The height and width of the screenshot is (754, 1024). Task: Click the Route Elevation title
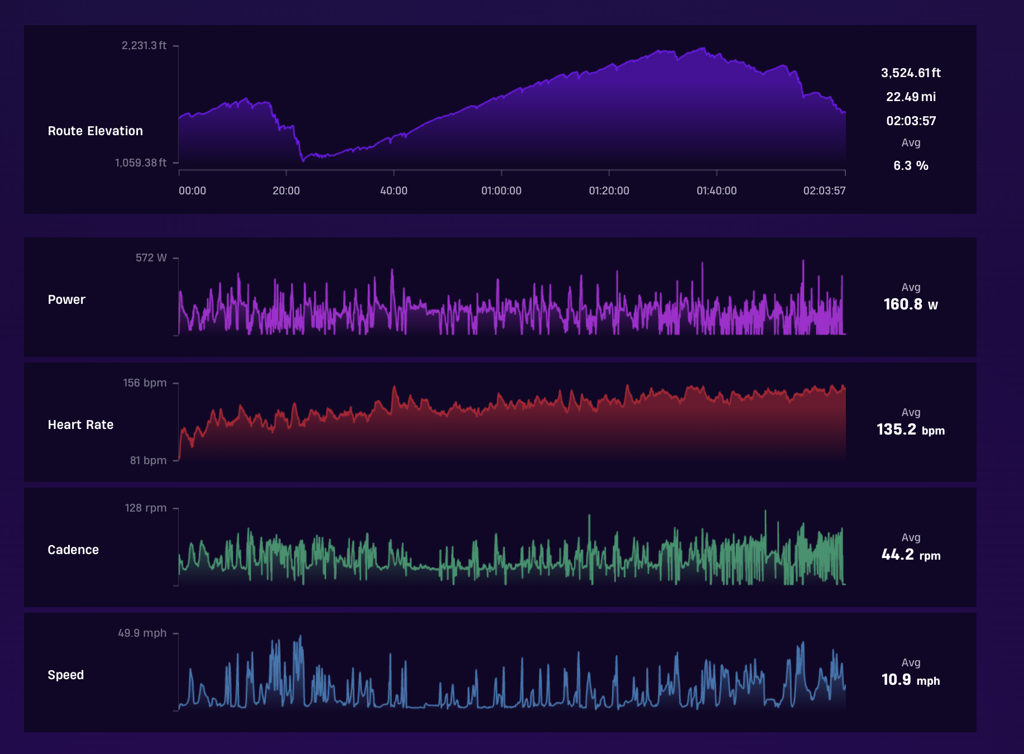click(x=95, y=131)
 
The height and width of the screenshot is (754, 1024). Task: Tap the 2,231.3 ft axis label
click(x=144, y=45)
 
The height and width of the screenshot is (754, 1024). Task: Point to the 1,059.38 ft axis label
click(x=141, y=163)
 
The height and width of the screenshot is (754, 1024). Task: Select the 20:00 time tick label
click(x=286, y=190)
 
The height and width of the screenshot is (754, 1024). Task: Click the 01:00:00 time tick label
click(x=501, y=190)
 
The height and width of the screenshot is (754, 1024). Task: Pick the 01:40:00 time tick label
click(x=716, y=190)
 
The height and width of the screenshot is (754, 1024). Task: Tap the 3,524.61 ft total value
click(x=911, y=73)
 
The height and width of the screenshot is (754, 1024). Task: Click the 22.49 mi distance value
click(x=911, y=97)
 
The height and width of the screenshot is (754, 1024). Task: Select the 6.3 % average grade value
click(x=911, y=165)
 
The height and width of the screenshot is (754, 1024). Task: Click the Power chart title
click(x=66, y=299)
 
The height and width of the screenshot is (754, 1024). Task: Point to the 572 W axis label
click(x=151, y=257)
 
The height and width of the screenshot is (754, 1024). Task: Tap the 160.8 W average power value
click(x=911, y=304)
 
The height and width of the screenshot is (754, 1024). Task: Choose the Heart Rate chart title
click(x=80, y=424)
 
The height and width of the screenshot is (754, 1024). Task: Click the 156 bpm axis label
click(x=145, y=383)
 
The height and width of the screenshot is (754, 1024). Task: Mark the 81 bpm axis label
click(x=149, y=460)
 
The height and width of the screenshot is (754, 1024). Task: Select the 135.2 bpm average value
click(x=911, y=430)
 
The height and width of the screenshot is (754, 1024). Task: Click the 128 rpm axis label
click(x=146, y=508)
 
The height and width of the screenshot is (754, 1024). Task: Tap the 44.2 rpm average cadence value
click(x=911, y=555)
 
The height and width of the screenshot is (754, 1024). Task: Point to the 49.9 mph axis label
click(x=142, y=633)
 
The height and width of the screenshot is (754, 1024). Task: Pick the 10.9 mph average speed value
click(x=911, y=680)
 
